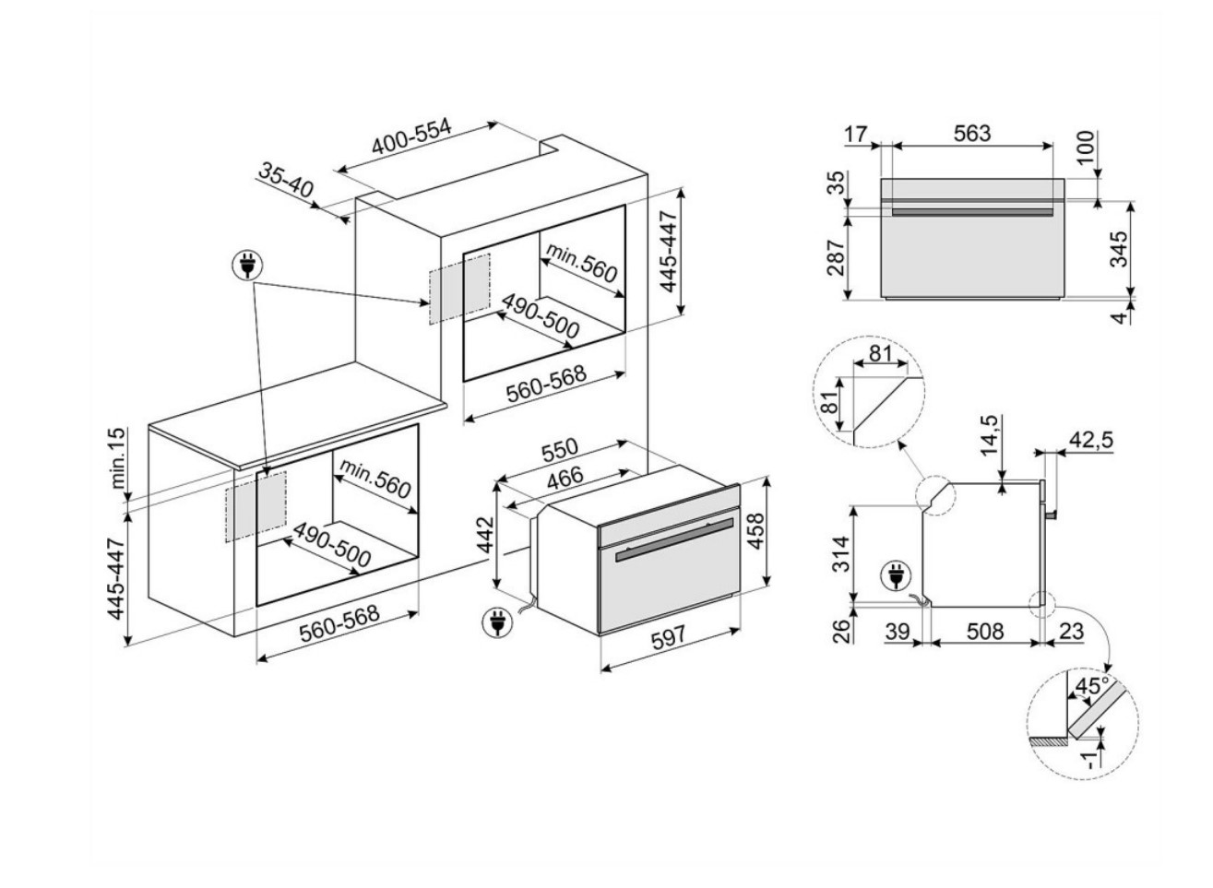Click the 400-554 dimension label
[x=412, y=137]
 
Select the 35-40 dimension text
[x=285, y=181]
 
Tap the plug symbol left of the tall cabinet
[x=248, y=266]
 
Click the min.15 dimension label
[x=119, y=458]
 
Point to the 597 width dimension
[x=668, y=638]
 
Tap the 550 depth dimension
[x=558, y=450]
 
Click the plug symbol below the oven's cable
[x=496, y=622]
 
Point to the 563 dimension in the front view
[x=972, y=133]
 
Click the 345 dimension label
[x=1119, y=249]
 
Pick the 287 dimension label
[x=836, y=257]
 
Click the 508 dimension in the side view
[x=984, y=632]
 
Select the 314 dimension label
[x=841, y=553]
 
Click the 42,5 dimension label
[x=1090, y=440]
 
